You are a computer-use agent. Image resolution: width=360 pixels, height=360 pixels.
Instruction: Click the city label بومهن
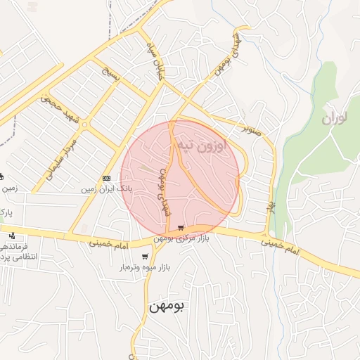(166, 307)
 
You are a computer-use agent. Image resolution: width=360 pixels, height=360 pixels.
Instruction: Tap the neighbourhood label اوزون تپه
(200, 146)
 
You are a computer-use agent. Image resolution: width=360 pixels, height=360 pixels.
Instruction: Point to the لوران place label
(335, 117)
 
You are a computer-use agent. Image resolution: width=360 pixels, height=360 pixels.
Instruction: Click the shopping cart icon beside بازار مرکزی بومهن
(181, 228)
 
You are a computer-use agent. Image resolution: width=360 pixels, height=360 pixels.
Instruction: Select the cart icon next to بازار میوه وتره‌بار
(145, 257)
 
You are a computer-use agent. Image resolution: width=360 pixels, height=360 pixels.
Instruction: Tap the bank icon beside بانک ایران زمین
(106, 178)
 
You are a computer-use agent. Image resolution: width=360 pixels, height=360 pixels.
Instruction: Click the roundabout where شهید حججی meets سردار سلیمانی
(85, 124)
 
